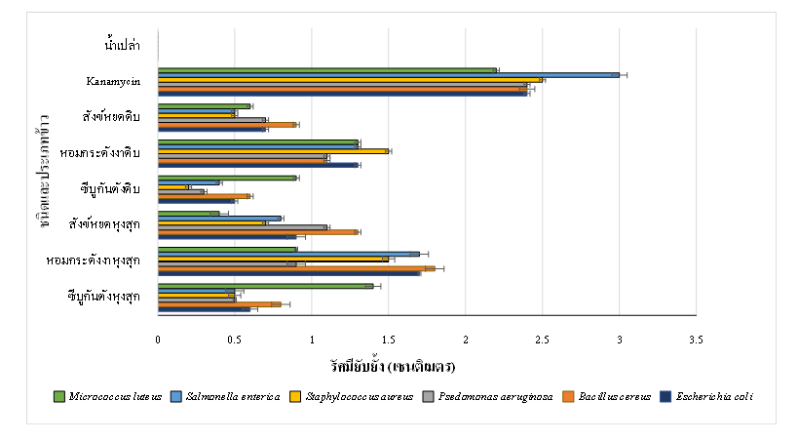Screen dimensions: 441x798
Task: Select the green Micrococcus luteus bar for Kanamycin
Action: pos(326,69)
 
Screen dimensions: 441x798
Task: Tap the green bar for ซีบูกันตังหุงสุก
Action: pos(265,286)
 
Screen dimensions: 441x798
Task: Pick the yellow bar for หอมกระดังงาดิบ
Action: pos(273,151)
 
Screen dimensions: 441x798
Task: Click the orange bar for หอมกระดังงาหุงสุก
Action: pos(296,267)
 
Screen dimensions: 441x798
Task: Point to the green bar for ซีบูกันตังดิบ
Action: pos(227,178)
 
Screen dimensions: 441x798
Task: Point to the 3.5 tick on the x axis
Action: pos(696,340)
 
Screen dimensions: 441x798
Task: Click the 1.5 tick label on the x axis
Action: pos(388,340)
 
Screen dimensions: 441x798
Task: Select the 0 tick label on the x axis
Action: pos(158,340)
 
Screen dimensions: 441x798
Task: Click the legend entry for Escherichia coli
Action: pos(710,396)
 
